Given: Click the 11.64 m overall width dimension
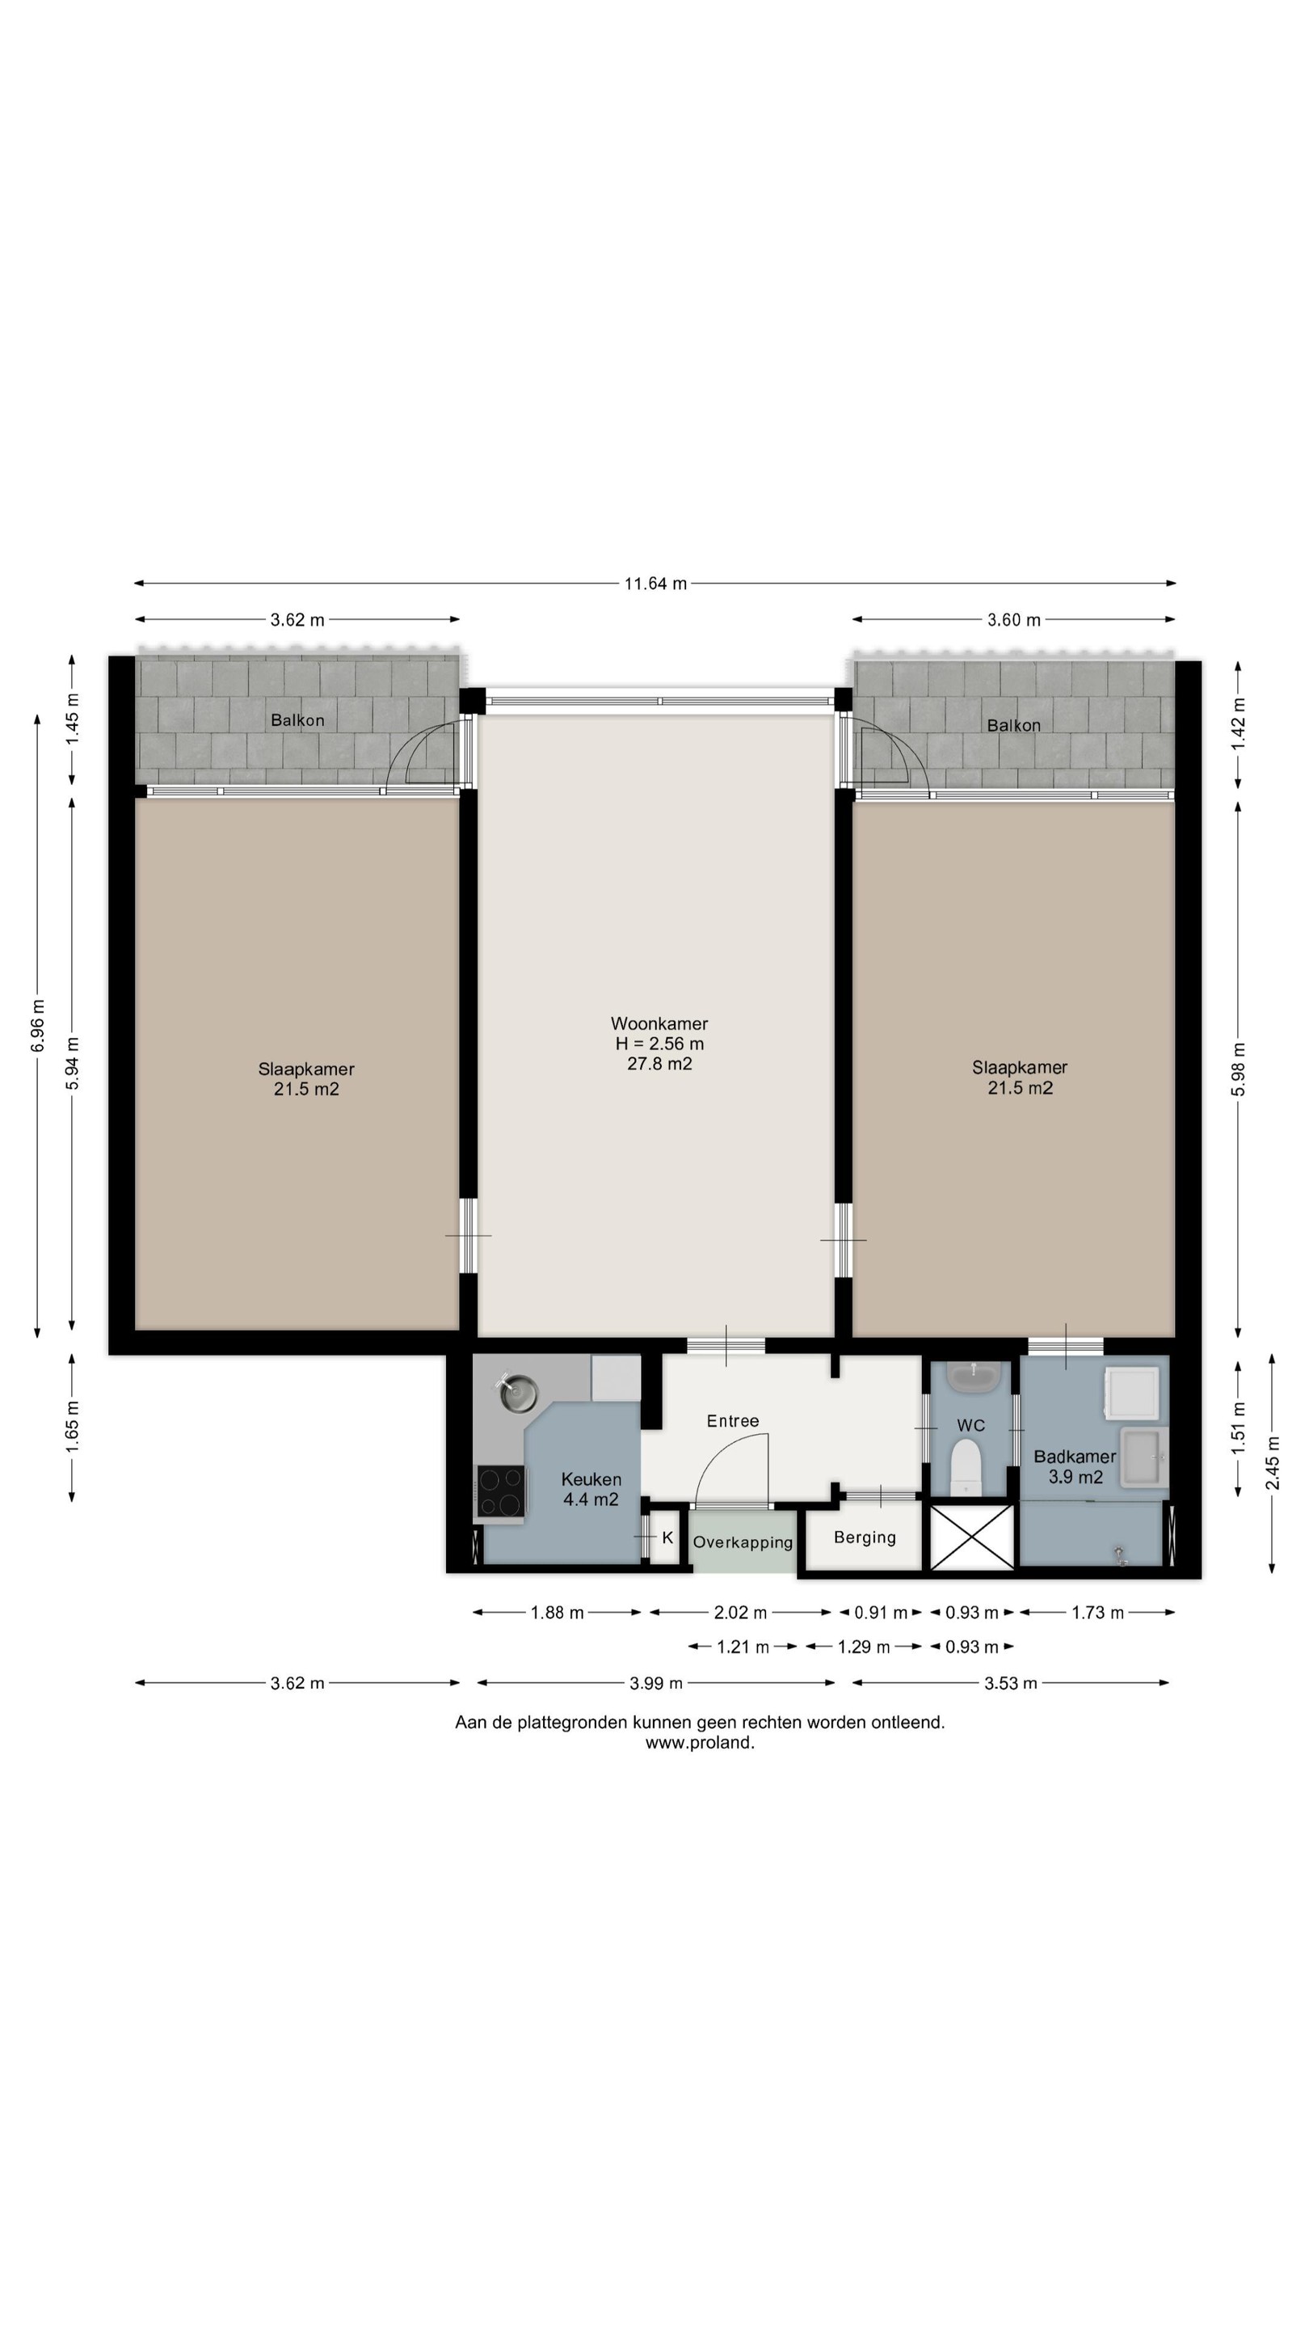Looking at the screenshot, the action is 655,583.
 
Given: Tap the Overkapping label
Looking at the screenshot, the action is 743,1541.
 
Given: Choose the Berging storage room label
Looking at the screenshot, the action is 865,1537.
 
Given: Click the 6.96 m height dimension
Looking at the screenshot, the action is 37,1026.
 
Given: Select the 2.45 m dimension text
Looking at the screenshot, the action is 1272,1463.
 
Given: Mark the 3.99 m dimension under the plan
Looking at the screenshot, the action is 656,1683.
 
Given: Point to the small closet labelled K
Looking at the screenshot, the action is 667,1537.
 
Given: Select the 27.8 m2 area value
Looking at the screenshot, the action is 659,1064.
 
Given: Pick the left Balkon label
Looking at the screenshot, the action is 297,720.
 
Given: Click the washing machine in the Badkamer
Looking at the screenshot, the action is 1132,1393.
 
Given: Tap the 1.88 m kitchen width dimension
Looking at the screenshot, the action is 557,1613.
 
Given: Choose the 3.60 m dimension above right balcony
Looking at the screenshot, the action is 1013,620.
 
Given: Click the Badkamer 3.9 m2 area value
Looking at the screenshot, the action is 1075,1477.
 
